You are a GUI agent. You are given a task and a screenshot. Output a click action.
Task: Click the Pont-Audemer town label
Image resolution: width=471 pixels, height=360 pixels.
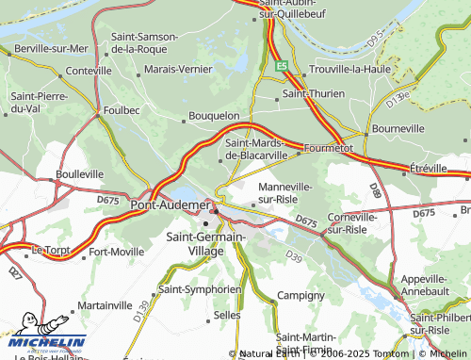(170, 205)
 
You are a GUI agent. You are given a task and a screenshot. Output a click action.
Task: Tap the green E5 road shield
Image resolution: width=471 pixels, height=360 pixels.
(282, 66)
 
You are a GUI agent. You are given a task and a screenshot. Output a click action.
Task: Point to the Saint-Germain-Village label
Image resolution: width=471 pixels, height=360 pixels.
(205, 245)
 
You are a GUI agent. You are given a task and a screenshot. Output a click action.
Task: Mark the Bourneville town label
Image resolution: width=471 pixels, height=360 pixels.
(399, 127)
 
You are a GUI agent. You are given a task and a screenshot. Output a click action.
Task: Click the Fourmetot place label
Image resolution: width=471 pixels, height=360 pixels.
(326, 148)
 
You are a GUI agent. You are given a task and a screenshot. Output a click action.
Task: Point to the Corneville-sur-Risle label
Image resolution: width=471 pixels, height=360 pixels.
(351, 222)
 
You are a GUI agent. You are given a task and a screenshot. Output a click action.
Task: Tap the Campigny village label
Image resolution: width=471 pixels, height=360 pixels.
(300, 295)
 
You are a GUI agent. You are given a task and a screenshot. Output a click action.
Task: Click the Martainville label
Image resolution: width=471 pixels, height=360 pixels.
(105, 306)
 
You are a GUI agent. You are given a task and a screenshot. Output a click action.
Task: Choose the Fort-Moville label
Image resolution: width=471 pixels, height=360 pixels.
(116, 252)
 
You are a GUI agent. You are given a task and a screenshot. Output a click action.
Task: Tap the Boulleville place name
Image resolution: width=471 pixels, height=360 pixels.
(79, 174)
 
